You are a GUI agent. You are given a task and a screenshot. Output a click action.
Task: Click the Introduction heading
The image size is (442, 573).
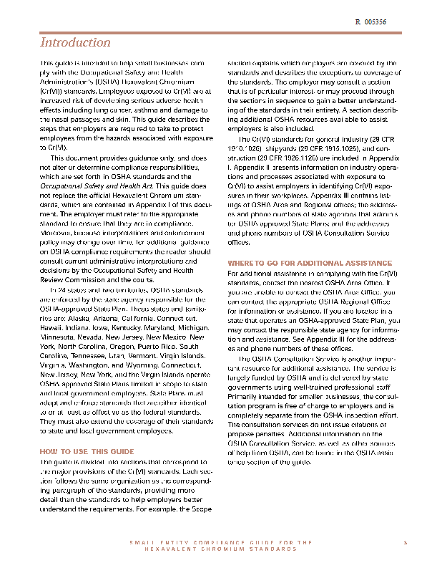click(75, 43)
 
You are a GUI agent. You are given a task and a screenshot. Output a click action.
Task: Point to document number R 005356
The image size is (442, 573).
click(370, 23)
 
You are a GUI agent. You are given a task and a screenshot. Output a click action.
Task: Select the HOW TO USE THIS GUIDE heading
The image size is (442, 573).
click(87, 452)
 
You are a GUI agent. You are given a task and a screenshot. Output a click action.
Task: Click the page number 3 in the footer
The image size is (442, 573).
click(405, 542)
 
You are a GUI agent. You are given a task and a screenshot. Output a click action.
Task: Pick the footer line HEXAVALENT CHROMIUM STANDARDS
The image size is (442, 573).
click(220, 549)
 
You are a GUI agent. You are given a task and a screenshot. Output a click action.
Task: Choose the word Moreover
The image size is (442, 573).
click(56, 233)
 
